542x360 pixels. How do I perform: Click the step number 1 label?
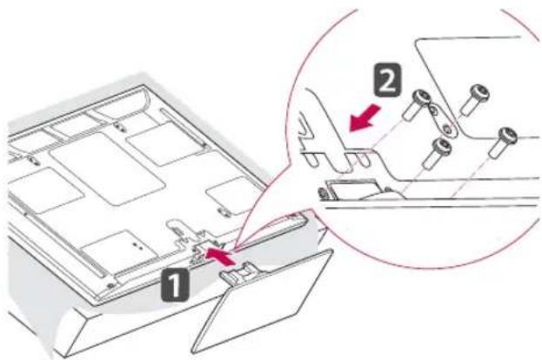tap(175, 284)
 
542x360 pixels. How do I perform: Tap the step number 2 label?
tap(387, 80)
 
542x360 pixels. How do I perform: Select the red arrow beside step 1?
tap(218, 255)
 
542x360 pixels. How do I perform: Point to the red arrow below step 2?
tap(365, 118)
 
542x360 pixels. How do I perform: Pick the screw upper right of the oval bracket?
tap(475, 98)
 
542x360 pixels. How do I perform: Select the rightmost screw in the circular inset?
tap(503, 142)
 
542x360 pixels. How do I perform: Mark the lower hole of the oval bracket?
tap(447, 130)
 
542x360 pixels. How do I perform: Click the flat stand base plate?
tap(262, 301)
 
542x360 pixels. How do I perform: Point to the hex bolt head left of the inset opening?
tap(323, 194)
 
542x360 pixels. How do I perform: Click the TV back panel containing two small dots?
tap(120, 249)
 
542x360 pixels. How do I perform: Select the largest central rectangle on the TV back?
tap(107, 170)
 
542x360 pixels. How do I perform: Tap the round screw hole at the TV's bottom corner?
tap(110, 285)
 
